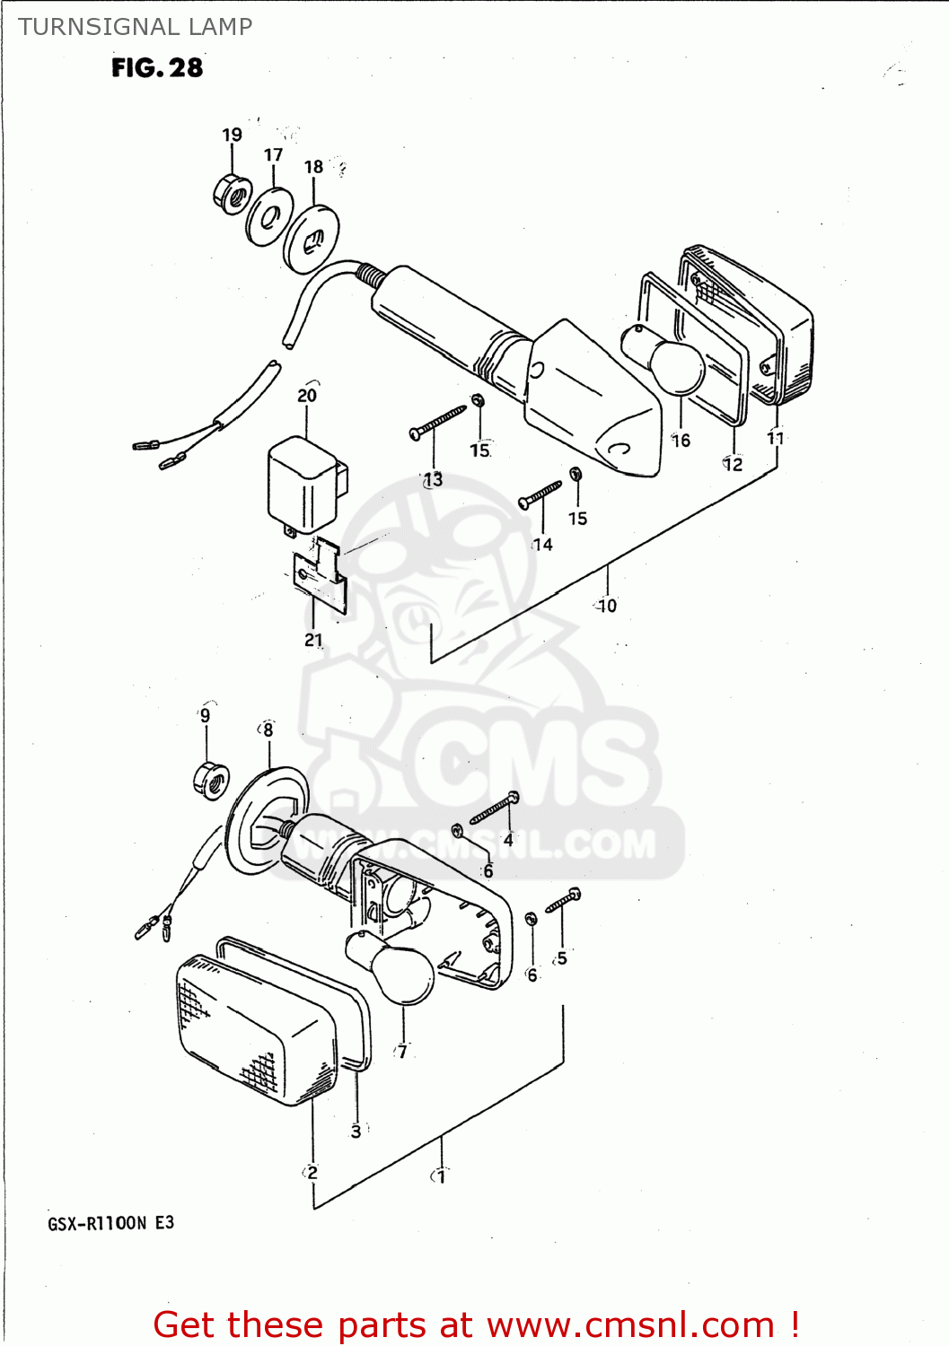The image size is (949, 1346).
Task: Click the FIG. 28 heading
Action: pyautogui.click(x=157, y=67)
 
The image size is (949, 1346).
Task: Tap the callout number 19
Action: pyautogui.click(x=232, y=135)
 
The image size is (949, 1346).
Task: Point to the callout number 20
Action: pyautogui.click(x=307, y=395)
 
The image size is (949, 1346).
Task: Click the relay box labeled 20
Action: pyautogui.click(x=303, y=485)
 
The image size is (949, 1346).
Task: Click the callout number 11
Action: pyautogui.click(x=776, y=438)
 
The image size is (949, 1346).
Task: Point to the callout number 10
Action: pyautogui.click(x=608, y=606)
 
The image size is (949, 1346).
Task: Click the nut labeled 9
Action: pyautogui.click(x=211, y=780)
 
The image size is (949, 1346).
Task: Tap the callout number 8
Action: pyautogui.click(x=268, y=730)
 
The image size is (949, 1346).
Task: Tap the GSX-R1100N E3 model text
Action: pyautogui.click(x=111, y=1223)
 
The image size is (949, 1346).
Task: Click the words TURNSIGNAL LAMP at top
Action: pyautogui.click(x=136, y=27)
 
